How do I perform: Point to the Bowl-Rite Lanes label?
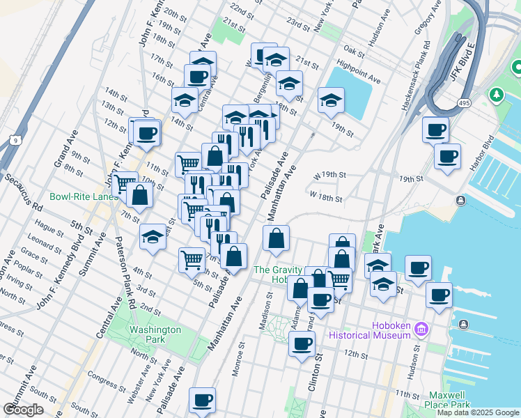point(84,197)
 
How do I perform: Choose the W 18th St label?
point(326,199)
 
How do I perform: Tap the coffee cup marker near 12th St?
point(302,343)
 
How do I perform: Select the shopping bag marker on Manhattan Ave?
point(277,238)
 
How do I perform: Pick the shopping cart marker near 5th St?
point(192,260)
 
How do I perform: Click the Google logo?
point(24,410)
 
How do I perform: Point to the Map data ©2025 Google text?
point(478,412)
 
